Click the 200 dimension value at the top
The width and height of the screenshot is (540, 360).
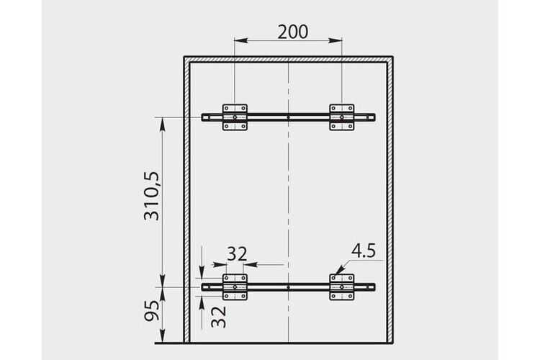click(293, 32)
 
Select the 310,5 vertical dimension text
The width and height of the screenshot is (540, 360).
click(152, 196)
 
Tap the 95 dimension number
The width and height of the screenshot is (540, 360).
click(152, 310)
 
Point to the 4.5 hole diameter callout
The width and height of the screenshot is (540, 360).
click(364, 251)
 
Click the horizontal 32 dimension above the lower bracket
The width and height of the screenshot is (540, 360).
click(237, 254)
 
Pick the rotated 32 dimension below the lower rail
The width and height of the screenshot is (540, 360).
click(218, 317)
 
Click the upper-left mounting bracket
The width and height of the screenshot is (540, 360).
click(235, 117)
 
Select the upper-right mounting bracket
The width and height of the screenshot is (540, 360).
click(341, 117)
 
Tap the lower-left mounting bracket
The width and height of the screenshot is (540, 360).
click(235, 287)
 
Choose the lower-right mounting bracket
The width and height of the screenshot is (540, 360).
click(341, 287)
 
